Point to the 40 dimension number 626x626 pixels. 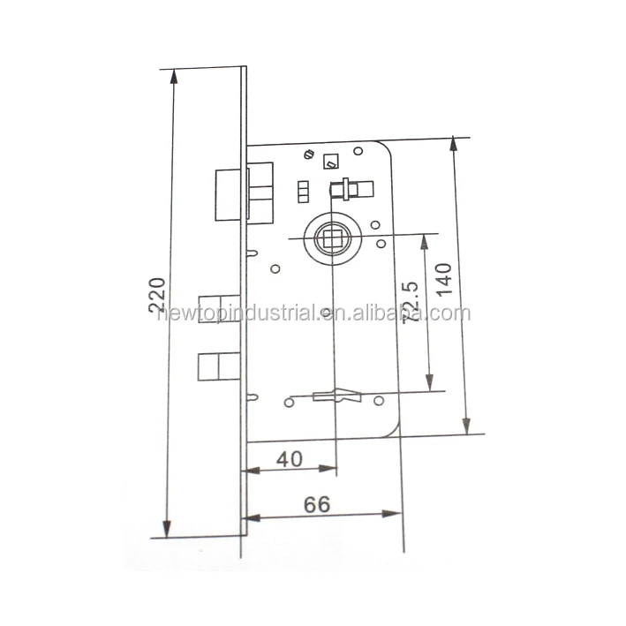(289, 458)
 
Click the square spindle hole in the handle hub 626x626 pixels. (333, 238)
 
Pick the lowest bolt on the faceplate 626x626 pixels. (217, 366)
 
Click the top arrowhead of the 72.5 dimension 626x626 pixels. (429, 241)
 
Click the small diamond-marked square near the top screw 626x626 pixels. (332, 162)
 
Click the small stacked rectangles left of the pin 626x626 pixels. (303, 191)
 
